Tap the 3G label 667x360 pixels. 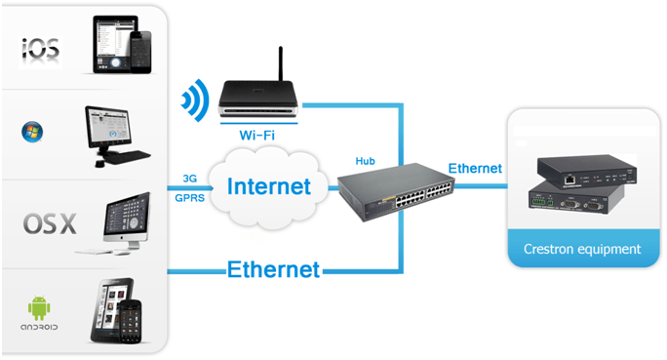(190, 179)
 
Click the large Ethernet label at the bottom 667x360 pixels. (274, 268)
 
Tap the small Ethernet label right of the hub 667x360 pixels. (475, 168)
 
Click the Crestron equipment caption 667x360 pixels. (581, 249)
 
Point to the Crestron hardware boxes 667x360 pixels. (580, 186)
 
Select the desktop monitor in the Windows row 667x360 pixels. (116, 124)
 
